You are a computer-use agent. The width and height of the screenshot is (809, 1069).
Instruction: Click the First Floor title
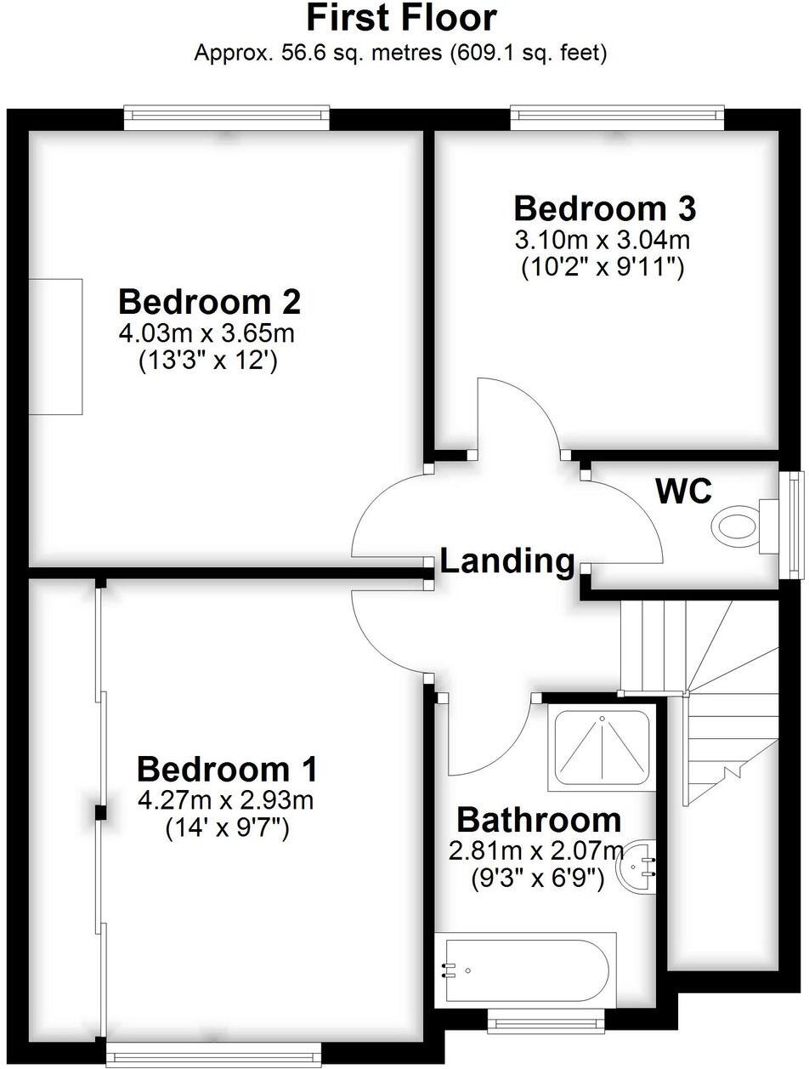pyautogui.click(x=402, y=19)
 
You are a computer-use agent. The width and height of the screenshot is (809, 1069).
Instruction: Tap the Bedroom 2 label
pyautogui.click(x=210, y=302)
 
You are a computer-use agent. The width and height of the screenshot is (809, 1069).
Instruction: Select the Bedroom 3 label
pyautogui.click(x=604, y=208)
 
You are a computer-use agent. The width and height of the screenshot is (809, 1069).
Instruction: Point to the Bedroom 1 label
pyautogui.click(x=227, y=770)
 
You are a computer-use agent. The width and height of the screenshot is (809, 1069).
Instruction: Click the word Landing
pyautogui.click(x=507, y=561)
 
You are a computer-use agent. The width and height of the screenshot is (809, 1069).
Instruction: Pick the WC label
pyautogui.click(x=682, y=491)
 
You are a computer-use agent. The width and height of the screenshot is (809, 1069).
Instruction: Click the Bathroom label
pyautogui.click(x=539, y=821)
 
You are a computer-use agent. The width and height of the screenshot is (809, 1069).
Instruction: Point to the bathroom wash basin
pyautogui.click(x=638, y=865)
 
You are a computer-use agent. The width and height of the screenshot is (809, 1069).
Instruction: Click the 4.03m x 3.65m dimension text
pyautogui.click(x=210, y=333)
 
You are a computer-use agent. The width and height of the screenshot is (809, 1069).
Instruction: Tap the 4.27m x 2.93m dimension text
pyautogui.click(x=227, y=800)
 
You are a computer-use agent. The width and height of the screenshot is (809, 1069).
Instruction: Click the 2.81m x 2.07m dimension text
pyautogui.click(x=536, y=850)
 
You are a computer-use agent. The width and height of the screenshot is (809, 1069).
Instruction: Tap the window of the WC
pyautogui.click(x=795, y=525)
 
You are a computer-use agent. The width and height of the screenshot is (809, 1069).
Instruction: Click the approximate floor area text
pyautogui.click(x=400, y=54)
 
